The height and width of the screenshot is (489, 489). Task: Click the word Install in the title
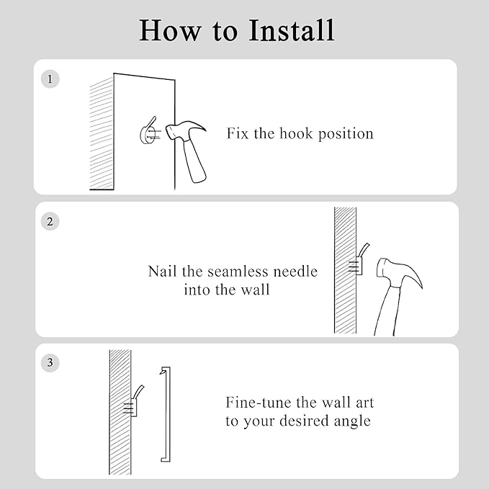[x=292, y=30]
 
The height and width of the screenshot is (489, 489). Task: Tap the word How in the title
[x=170, y=30]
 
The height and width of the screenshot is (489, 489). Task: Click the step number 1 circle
[x=50, y=79]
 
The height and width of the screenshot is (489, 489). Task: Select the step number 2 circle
[x=50, y=221]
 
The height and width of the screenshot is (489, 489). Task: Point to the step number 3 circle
[x=50, y=363]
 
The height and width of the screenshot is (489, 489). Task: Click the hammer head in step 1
[x=184, y=130]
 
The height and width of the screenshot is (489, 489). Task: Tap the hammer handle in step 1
[x=194, y=161]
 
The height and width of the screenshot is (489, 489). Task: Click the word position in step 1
[x=346, y=134]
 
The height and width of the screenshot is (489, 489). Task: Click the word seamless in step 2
[x=238, y=272]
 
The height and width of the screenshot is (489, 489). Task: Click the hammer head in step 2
[x=398, y=272]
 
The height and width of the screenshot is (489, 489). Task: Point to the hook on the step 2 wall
[x=359, y=261]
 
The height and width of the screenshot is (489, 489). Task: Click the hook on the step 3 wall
[x=134, y=403]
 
